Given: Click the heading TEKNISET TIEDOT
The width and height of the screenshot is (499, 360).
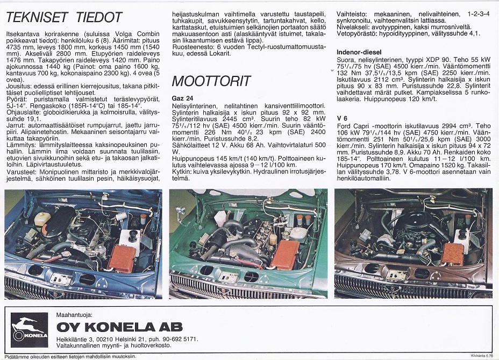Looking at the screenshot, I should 63,17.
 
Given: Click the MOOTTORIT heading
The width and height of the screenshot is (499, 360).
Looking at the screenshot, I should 211,81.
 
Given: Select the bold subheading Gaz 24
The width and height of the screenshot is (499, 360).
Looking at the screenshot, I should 183,98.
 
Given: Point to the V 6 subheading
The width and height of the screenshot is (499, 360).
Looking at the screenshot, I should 343,118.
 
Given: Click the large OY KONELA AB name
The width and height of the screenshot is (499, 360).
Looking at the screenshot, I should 119,327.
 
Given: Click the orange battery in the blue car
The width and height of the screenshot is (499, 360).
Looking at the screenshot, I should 124,258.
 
